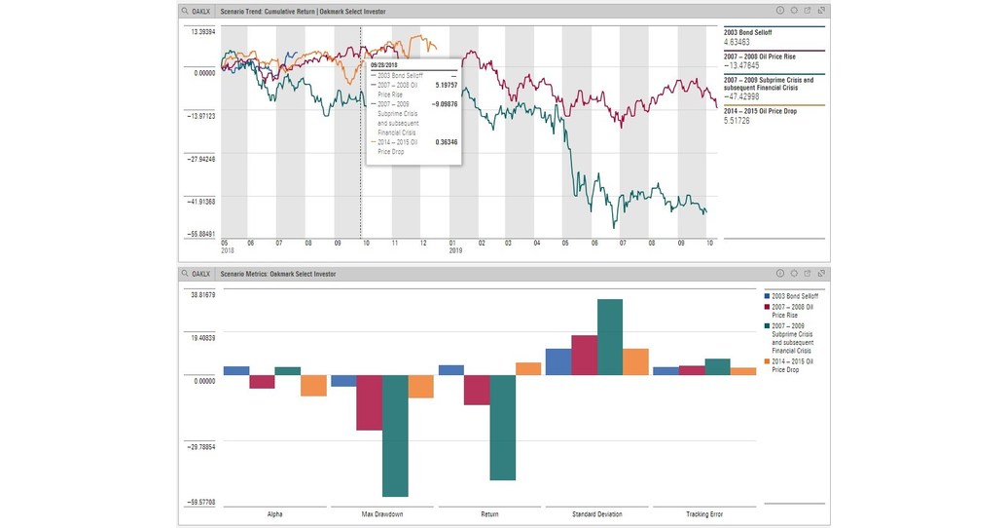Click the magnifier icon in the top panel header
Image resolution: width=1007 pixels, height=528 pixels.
(185, 11)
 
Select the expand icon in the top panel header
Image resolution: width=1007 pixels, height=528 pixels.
(823, 11)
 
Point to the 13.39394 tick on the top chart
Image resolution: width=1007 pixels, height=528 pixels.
(201, 31)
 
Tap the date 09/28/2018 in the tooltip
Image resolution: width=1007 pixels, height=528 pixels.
(385, 64)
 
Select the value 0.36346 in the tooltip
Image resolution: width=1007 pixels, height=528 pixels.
(445, 142)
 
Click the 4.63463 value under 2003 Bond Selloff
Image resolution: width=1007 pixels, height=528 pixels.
(737, 43)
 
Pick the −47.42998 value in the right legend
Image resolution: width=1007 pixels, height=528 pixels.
(742, 96)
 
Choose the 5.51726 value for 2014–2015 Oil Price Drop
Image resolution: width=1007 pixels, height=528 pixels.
(737, 119)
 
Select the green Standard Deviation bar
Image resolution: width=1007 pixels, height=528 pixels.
(609, 337)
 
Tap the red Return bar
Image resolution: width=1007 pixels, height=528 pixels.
(476, 390)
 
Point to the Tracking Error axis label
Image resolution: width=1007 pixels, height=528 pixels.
(703, 513)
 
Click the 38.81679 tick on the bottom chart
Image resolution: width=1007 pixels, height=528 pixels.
(201, 294)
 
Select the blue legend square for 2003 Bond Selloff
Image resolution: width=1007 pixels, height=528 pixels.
(768, 295)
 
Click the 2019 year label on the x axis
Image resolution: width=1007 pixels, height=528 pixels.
(455, 250)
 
